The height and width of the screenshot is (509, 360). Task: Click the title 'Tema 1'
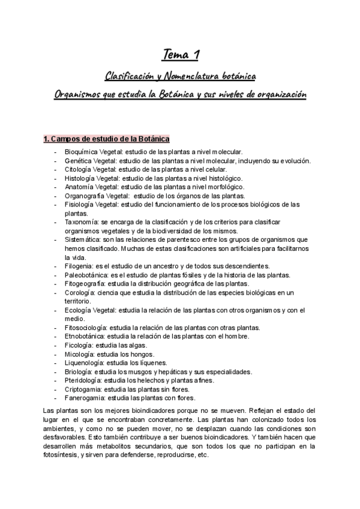[x=180, y=56]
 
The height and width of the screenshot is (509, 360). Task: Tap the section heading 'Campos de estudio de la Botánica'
[x=107, y=139]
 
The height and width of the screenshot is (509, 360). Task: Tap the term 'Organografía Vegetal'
[x=97, y=196]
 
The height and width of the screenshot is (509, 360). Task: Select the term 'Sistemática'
[x=84, y=239]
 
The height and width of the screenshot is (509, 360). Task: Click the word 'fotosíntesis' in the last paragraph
[x=63, y=454]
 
